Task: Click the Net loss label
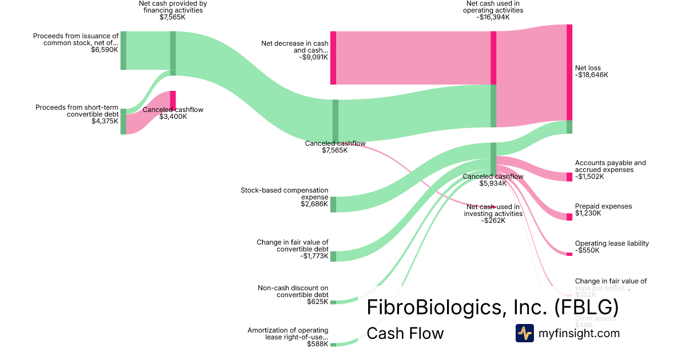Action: point(588,68)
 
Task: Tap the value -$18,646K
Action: point(592,75)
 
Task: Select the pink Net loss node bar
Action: point(569,72)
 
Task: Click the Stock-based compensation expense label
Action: point(285,194)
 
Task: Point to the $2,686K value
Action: point(314,204)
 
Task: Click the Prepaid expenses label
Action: point(603,206)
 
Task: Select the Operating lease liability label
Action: point(612,243)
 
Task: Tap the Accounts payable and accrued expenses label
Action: point(610,166)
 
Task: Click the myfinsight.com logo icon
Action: point(524,333)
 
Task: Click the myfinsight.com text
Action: point(579,333)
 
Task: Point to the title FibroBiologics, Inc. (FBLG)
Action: point(492,307)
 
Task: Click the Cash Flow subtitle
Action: point(405,333)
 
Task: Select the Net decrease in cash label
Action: point(295,47)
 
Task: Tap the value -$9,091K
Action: point(313,57)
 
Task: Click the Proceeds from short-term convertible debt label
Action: point(77,110)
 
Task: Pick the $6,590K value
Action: point(105,50)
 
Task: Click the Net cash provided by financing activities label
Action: point(173,7)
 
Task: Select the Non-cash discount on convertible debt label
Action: point(293,291)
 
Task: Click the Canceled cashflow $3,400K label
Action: point(173,110)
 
